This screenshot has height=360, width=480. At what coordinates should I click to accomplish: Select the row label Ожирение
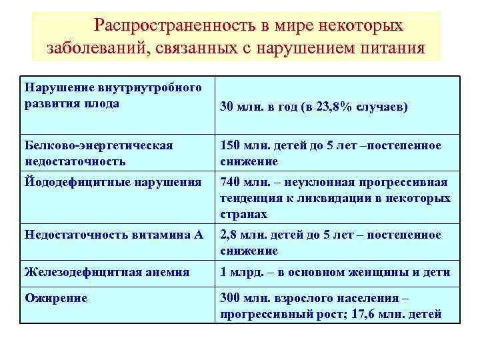coord(56,298)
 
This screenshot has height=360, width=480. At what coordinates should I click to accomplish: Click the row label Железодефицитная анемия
coord(107,271)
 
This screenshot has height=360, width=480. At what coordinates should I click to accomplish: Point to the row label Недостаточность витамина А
coord(113,235)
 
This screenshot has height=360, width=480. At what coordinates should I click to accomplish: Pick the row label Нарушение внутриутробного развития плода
coord(113,95)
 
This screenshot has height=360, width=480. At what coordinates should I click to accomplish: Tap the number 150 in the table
coord(231,145)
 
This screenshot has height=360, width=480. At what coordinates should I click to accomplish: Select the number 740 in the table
coord(231,182)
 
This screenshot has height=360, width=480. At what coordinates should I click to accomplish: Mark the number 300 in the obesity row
coord(231,298)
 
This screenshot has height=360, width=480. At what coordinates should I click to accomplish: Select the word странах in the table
coord(243,214)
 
